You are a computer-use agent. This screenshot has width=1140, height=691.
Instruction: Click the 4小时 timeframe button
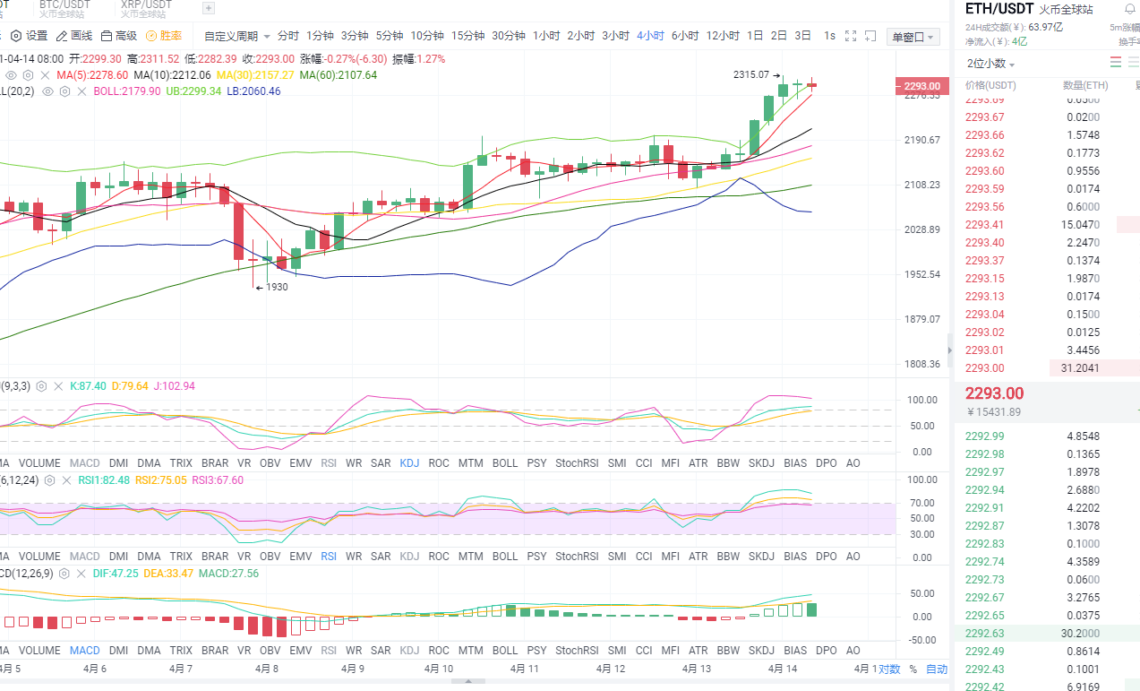(x=650, y=36)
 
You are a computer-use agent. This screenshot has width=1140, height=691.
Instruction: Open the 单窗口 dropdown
(x=913, y=37)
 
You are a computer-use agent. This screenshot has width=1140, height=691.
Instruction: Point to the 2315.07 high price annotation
(x=751, y=74)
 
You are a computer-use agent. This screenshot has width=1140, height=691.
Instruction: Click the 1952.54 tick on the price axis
(x=921, y=274)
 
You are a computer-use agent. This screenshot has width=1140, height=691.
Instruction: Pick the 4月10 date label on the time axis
(x=439, y=669)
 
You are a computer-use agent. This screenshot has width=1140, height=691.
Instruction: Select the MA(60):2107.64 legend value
(x=339, y=75)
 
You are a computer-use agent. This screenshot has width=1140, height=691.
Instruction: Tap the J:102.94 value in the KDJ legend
(x=175, y=386)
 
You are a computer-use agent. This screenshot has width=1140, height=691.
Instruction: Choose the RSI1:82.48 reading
(x=104, y=480)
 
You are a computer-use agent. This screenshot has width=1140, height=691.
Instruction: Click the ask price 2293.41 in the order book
(x=984, y=225)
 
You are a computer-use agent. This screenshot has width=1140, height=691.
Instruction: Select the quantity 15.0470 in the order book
(x=1081, y=225)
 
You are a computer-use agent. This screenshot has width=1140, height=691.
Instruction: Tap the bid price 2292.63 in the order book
(x=984, y=634)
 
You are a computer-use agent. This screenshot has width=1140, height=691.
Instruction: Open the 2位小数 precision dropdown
(x=990, y=65)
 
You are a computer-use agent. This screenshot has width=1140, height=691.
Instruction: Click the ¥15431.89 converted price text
(x=994, y=412)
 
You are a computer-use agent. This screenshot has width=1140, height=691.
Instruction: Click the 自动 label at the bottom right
(x=936, y=669)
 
